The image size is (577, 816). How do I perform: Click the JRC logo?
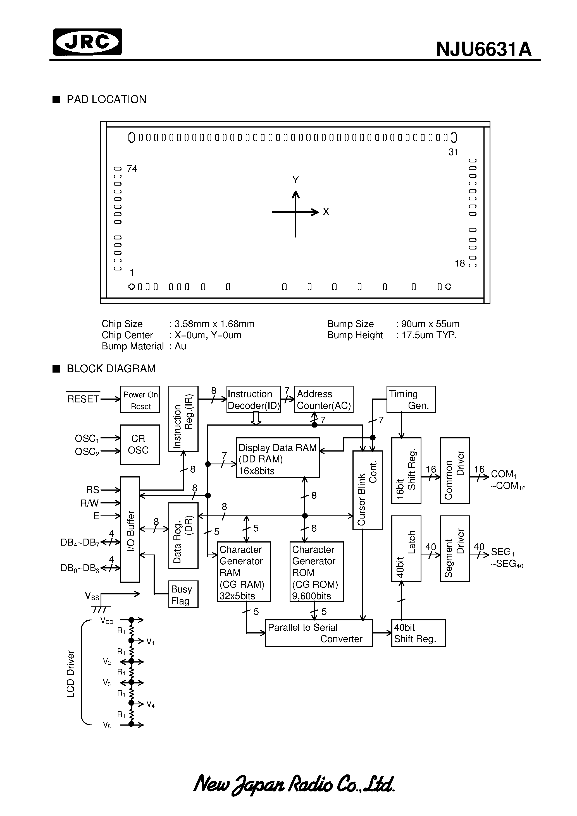(x=87, y=42)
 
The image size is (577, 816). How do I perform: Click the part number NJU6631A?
(x=483, y=49)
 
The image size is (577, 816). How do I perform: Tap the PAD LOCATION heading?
(x=106, y=100)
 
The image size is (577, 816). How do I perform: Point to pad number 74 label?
(x=132, y=169)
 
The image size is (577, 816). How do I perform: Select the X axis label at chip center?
(x=326, y=212)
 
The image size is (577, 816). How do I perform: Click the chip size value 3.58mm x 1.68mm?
(x=214, y=324)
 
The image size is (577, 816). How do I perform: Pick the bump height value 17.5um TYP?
(x=429, y=335)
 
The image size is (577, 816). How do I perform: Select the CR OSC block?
(x=139, y=445)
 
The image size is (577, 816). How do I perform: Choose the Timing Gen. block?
(x=411, y=399)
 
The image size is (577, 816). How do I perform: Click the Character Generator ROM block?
(x=316, y=572)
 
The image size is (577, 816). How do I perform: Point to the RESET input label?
(x=83, y=399)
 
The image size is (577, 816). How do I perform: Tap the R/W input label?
(x=90, y=503)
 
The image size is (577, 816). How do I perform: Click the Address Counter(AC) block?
(x=324, y=399)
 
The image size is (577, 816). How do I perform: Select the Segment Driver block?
(x=455, y=549)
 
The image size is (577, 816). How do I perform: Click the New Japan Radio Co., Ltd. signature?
(x=294, y=784)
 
